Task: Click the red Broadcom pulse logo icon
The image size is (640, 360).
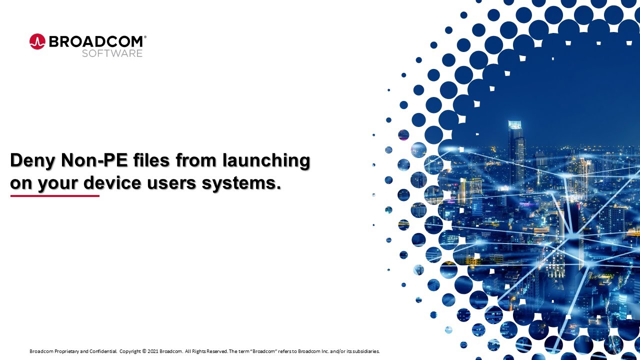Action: [x=37, y=41]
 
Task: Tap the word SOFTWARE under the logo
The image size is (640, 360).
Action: [x=112, y=53]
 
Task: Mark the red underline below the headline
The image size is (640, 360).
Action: [x=55, y=196]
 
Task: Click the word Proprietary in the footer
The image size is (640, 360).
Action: [x=66, y=351]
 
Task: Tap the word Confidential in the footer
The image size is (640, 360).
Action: [x=103, y=351]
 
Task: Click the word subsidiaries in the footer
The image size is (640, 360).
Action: [x=365, y=351]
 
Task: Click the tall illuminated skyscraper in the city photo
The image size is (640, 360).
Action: [x=516, y=150]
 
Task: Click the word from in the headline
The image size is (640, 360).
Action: [x=189, y=161]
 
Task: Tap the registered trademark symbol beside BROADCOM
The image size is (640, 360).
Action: [x=145, y=37]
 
